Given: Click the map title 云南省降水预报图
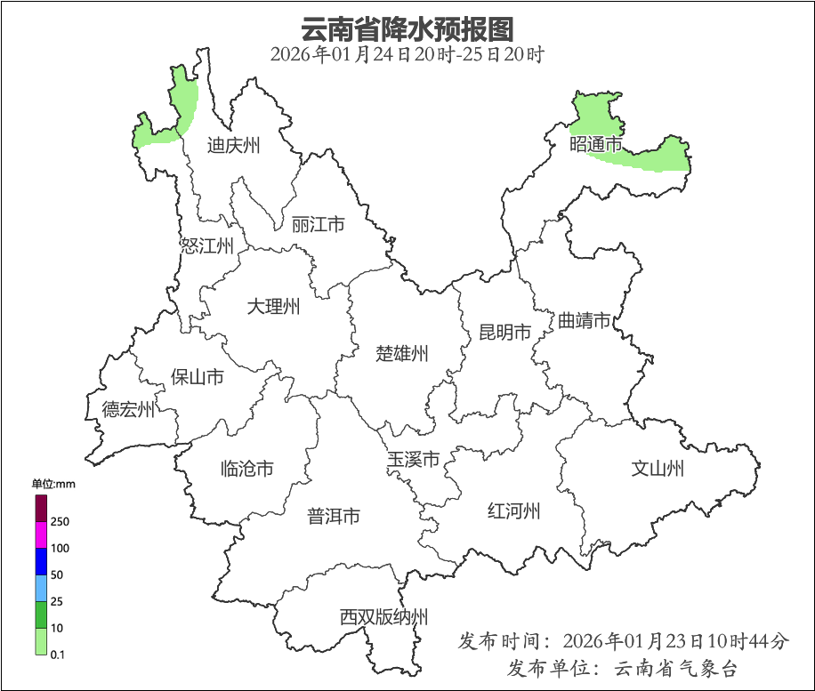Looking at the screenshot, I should pyautogui.click(x=407, y=28).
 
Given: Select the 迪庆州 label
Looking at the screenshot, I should pyautogui.click(x=233, y=145).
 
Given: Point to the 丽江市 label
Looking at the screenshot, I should pyautogui.click(x=318, y=225).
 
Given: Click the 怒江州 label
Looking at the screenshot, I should pyautogui.click(x=206, y=246).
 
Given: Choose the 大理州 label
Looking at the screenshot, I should pyautogui.click(x=273, y=308).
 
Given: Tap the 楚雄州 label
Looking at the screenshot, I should pyautogui.click(x=402, y=354).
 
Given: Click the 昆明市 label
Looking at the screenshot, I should pyautogui.click(x=504, y=333).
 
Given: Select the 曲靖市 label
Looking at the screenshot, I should pyautogui.click(x=585, y=321).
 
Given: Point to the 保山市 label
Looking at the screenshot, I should pyautogui.click(x=198, y=377).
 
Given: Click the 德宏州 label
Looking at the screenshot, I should pyautogui.click(x=128, y=410).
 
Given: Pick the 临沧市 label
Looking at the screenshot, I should pyautogui.click(x=246, y=469).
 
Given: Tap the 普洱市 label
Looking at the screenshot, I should pyautogui.click(x=334, y=516).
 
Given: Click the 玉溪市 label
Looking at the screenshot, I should pyautogui.click(x=414, y=460).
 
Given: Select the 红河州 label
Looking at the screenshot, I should pyautogui.click(x=514, y=511).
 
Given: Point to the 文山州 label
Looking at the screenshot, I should pyautogui.click(x=658, y=468).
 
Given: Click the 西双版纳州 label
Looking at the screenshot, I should pyautogui.click(x=383, y=617).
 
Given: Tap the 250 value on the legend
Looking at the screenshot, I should pyautogui.click(x=61, y=521).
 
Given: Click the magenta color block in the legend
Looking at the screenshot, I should pyautogui.click(x=41, y=534).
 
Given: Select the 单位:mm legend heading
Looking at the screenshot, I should pyautogui.click(x=53, y=484).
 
